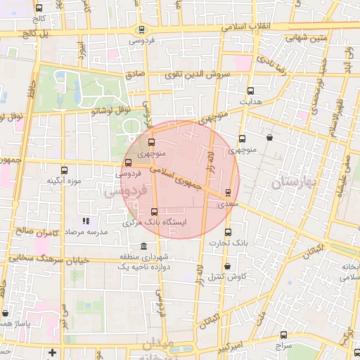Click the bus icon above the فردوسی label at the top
(x=143, y=30)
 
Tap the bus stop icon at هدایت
(x=250, y=91)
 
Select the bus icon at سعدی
(x=228, y=192)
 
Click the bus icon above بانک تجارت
(x=227, y=232)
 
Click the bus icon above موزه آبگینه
(x=65, y=170)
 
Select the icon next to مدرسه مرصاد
(x=86, y=221)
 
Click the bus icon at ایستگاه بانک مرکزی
(x=154, y=212)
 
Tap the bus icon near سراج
(x=283, y=335)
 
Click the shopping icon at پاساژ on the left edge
(x=6, y=313)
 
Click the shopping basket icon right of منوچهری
(x=271, y=139)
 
